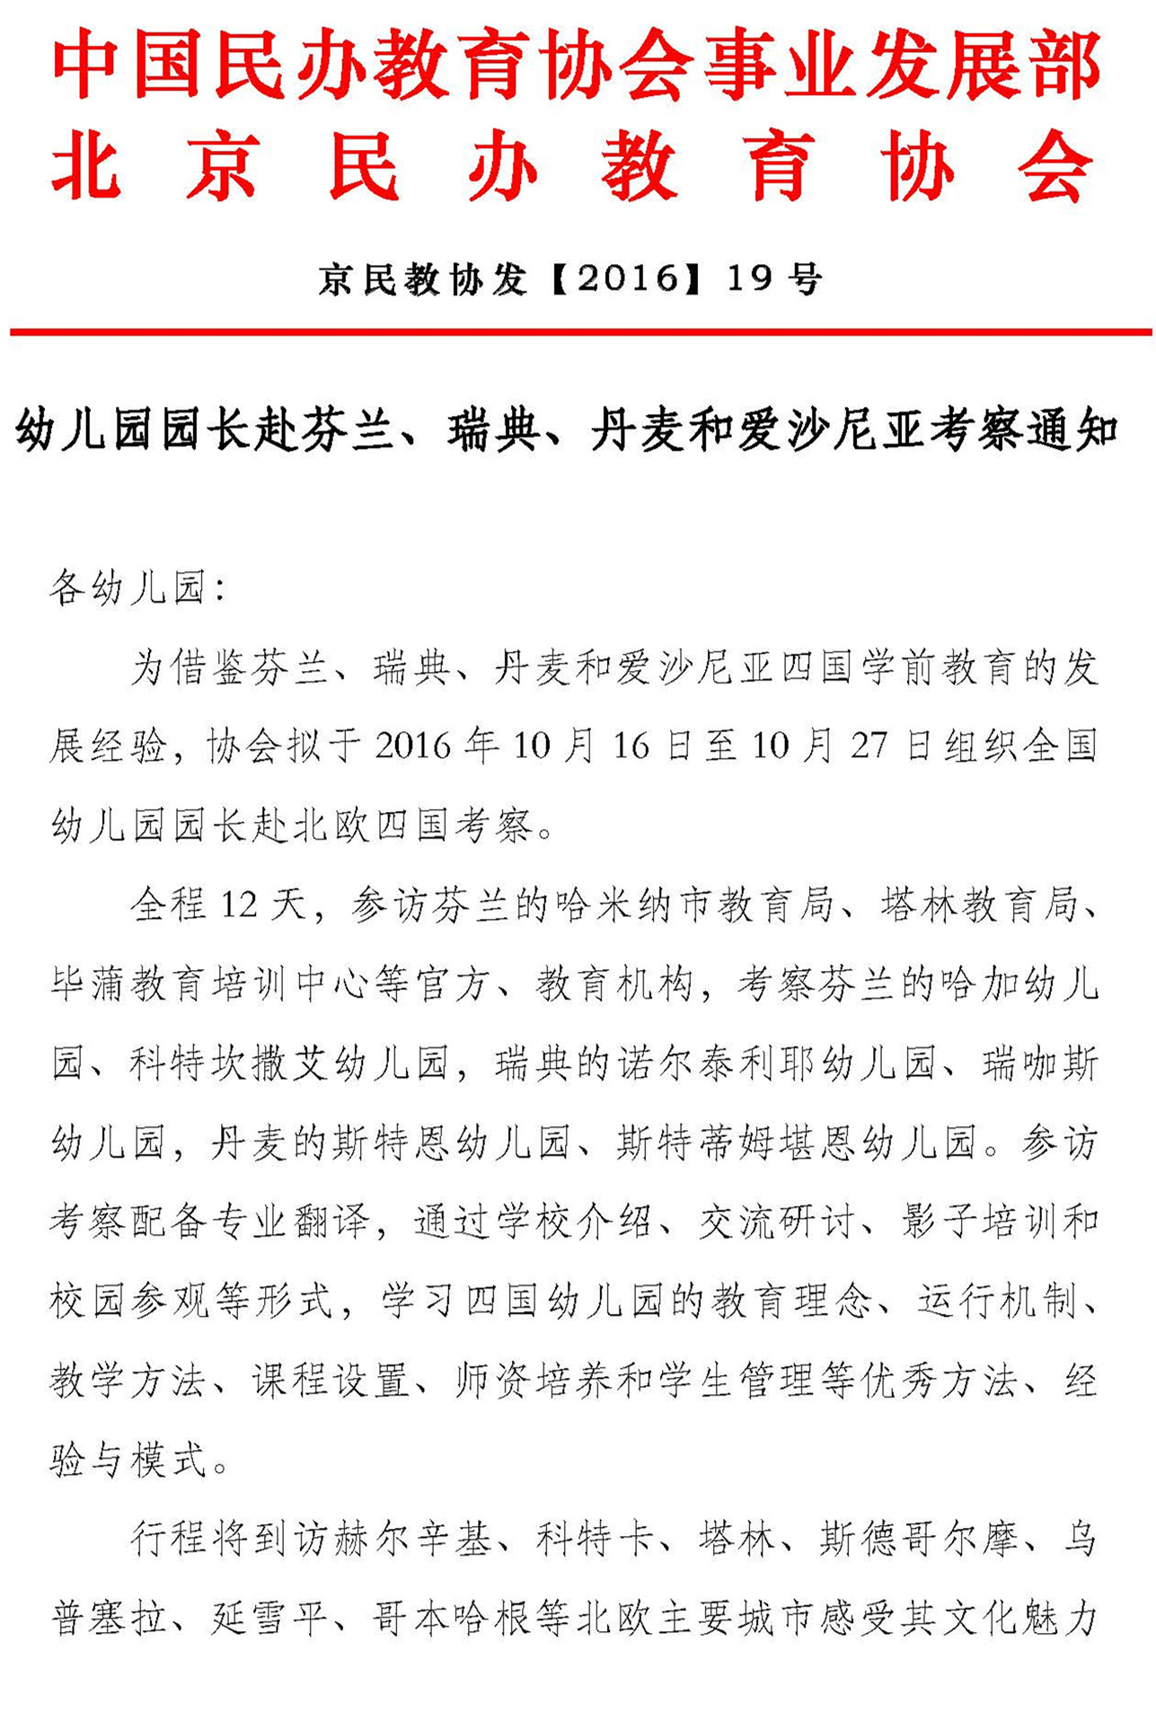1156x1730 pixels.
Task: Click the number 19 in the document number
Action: point(749,279)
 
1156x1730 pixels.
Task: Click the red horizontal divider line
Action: point(580,332)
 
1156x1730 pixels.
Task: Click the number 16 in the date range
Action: point(631,746)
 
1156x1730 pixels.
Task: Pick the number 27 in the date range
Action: point(869,746)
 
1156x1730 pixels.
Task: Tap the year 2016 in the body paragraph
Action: point(413,746)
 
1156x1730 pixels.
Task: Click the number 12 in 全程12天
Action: point(239,905)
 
